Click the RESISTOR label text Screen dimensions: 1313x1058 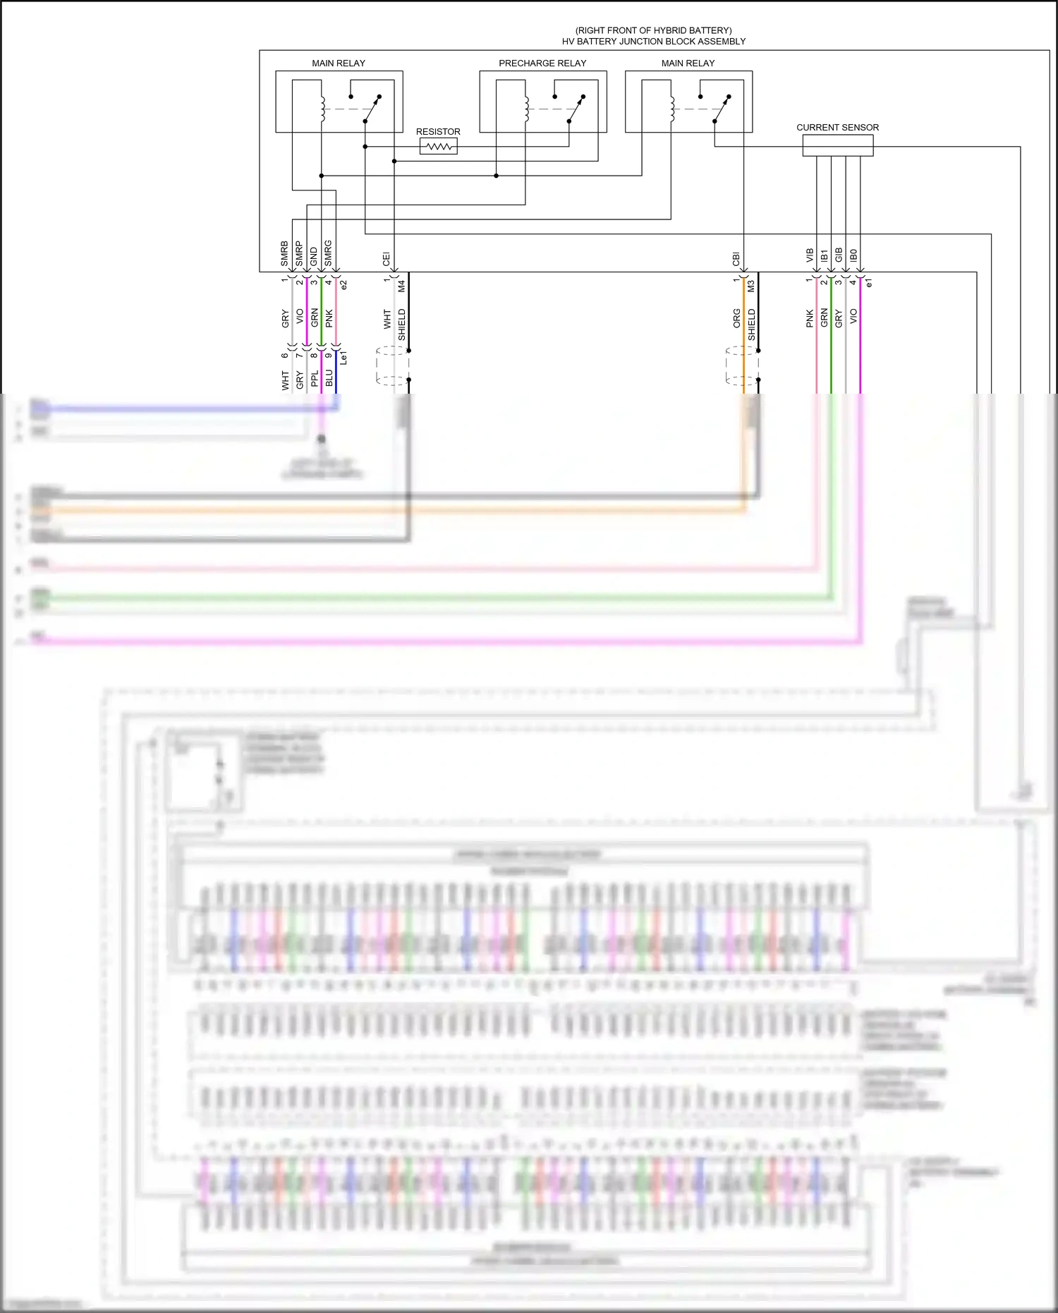pos(438,132)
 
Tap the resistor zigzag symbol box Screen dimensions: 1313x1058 pos(439,147)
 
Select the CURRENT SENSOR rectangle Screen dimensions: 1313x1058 pos(837,145)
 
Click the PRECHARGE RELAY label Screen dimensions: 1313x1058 pos(542,63)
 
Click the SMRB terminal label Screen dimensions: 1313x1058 pos(285,254)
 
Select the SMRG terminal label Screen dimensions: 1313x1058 pos(328,254)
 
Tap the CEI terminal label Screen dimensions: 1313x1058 pos(387,259)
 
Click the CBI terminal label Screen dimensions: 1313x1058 pos(736,259)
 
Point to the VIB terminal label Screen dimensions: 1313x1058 pos(810,255)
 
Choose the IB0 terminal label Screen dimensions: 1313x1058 pos(853,255)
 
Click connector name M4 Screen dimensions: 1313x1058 pos(401,286)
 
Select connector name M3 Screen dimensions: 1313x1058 pos(751,286)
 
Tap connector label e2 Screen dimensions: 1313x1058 pos(344,285)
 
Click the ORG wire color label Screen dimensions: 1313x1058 pos(736,318)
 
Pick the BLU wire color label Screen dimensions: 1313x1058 pos(329,378)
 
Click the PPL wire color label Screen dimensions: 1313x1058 pos(315,379)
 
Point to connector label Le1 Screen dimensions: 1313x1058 pos(343,358)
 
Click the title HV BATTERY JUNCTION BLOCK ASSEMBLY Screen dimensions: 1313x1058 pos(653,42)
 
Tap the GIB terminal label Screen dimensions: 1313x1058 pos(839,255)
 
